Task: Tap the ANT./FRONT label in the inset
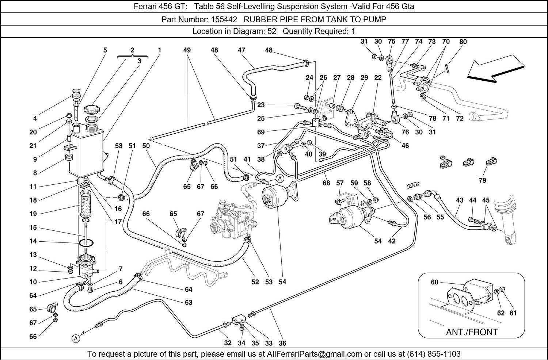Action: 472,332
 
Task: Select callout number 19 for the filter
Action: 33,214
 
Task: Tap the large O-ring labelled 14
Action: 86,243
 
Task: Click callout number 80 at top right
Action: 463,42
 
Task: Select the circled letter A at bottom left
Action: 76,339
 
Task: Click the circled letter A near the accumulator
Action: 280,179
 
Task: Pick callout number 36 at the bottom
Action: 282,343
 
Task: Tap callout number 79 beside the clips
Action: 483,180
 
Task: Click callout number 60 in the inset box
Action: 434,282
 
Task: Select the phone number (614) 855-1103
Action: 434,354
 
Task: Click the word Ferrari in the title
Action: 145,6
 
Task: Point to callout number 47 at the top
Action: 241,50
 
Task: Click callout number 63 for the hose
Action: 189,303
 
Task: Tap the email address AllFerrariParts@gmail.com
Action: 314,354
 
